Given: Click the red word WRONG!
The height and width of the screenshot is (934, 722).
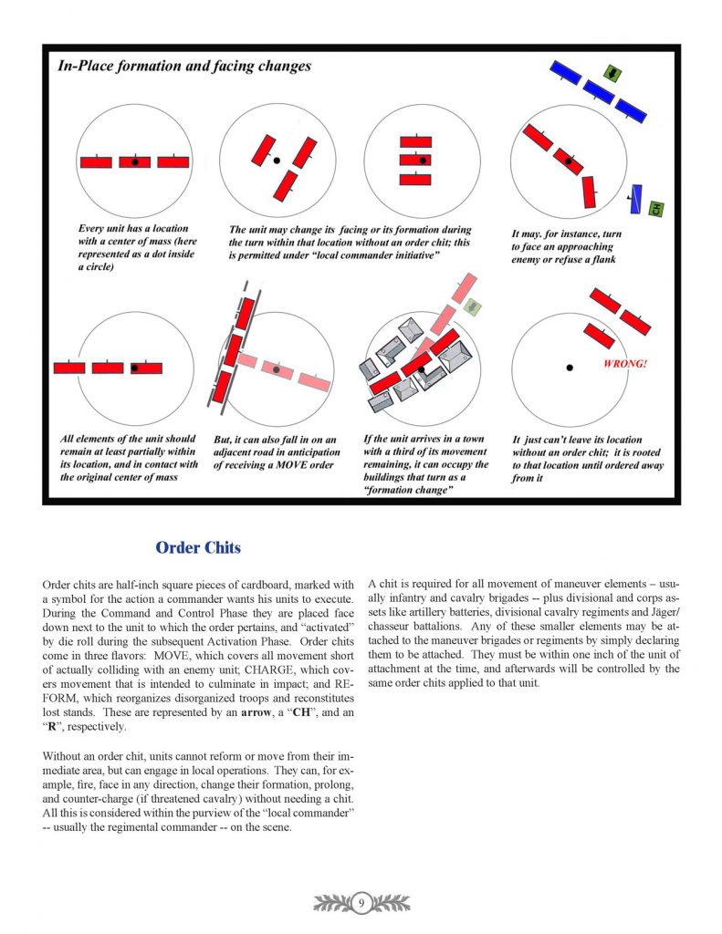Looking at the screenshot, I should click(x=625, y=364).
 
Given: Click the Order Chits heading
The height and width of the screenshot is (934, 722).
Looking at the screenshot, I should click(x=198, y=547).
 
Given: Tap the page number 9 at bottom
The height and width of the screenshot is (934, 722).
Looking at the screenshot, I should click(x=361, y=903).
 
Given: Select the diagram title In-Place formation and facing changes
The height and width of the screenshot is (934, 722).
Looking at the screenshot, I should click(x=184, y=66).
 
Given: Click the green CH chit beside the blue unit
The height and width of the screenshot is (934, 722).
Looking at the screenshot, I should click(x=655, y=209).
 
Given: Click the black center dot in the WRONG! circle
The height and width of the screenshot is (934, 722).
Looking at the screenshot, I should click(x=569, y=368).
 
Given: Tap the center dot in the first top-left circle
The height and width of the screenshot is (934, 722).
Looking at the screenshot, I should click(x=135, y=162).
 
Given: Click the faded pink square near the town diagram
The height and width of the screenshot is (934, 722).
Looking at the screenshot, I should click(x=472, y=307).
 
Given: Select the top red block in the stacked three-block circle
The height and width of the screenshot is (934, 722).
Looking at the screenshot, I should click(x=415, y=142).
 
